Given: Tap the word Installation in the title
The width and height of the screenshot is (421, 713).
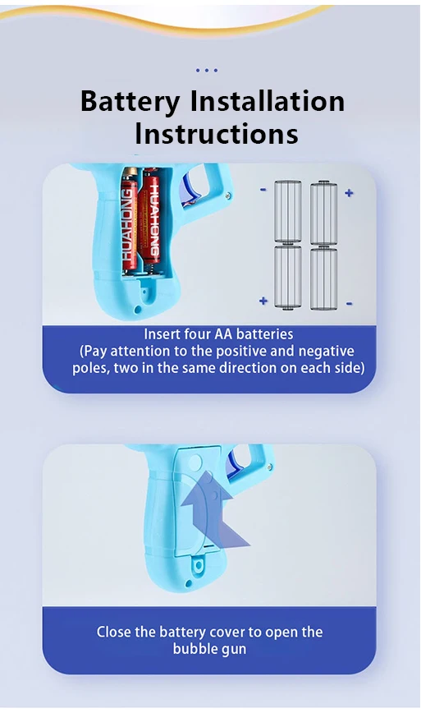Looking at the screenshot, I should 268,101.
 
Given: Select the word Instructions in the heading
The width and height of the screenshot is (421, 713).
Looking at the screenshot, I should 216,132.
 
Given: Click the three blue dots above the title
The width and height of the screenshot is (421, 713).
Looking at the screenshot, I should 208,71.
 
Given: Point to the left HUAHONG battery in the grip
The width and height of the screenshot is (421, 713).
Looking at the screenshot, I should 130,219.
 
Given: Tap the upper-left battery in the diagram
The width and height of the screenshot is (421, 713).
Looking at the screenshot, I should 288,211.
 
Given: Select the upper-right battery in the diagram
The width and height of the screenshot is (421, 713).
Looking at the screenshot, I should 323,212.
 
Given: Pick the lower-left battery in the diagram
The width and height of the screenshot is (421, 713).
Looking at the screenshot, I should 288,278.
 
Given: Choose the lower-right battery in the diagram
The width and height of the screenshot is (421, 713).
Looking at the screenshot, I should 323,278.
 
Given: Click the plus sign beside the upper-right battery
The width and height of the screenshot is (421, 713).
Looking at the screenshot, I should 349,193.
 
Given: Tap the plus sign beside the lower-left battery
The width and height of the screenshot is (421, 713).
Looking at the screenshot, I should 263,301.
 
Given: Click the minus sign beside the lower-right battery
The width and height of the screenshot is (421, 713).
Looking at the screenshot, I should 349,303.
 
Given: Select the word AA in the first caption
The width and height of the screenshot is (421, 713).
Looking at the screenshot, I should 224,334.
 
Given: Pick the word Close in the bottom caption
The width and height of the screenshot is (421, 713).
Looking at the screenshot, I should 114,632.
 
